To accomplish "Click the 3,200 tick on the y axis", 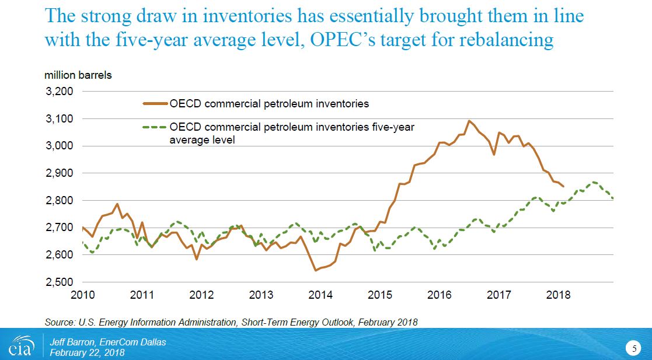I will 60,92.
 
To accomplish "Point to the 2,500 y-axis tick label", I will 60,282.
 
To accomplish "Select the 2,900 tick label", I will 60,173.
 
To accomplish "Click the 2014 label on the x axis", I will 320,295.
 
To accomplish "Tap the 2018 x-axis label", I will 559,295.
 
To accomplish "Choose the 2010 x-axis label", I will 82,295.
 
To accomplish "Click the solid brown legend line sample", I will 155,104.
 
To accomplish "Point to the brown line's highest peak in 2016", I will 469,121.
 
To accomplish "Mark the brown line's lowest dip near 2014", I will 316,270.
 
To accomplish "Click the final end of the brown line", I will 563,186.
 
